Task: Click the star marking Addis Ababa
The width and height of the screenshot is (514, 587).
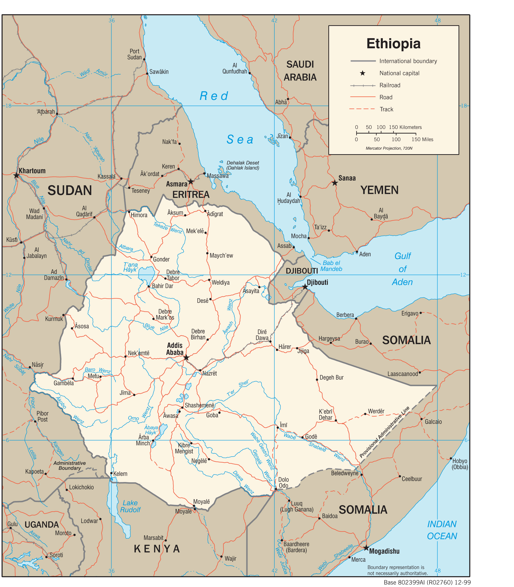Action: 186,358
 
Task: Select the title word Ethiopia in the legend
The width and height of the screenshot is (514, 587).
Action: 393,44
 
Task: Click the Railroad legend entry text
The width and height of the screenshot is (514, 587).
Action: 390,85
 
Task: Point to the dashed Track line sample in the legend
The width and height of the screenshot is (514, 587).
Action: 362,109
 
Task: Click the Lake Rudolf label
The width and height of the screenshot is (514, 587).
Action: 130,506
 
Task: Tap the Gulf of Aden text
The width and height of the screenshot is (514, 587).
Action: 402,269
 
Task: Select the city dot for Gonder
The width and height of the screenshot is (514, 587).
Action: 151,257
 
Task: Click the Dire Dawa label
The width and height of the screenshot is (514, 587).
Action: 262,335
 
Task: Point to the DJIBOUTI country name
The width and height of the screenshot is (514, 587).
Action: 302,271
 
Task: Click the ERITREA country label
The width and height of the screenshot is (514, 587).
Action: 191,195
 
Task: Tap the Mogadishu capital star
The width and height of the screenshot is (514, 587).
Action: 366,548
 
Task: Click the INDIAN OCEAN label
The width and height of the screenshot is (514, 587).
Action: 442,530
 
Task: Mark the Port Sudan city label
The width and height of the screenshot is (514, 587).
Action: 134,54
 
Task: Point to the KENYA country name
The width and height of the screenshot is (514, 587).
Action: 157,549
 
